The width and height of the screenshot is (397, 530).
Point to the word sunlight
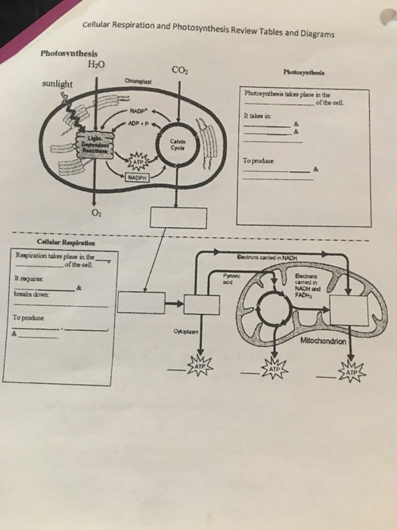pos(56,84)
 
